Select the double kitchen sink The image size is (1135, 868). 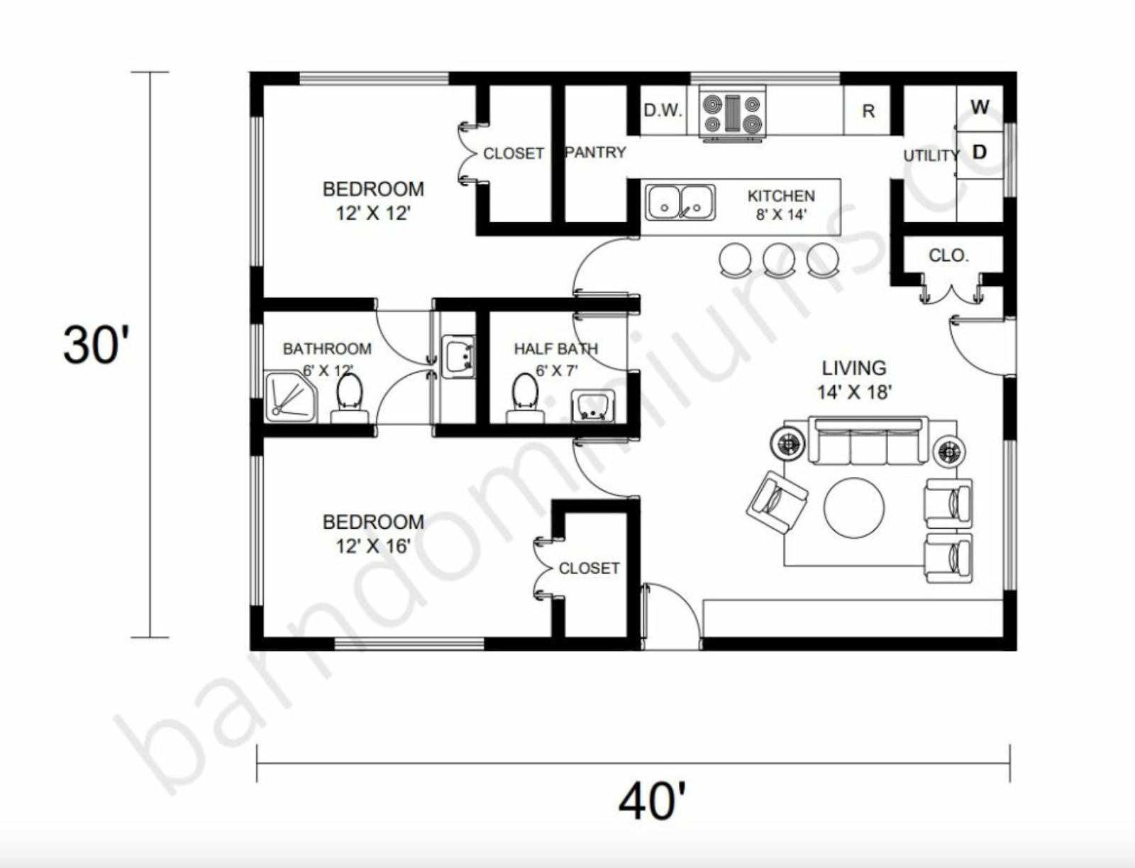click(680, 203)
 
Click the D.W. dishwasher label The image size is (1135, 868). click(663, 110)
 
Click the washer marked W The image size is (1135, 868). click(980, 108)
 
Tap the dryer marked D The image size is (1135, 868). click(980, 153)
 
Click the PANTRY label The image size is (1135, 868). click(596, 153)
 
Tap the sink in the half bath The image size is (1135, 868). click(593, 407)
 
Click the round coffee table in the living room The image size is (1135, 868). click(853, 507)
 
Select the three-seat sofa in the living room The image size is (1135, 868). click(869, 441)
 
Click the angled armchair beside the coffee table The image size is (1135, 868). click(777, 502)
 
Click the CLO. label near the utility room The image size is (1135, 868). click(949, 255)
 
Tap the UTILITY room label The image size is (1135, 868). click(931, 155)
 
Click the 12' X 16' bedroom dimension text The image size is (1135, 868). click(373, 546)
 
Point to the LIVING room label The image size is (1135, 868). click(854, 368)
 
